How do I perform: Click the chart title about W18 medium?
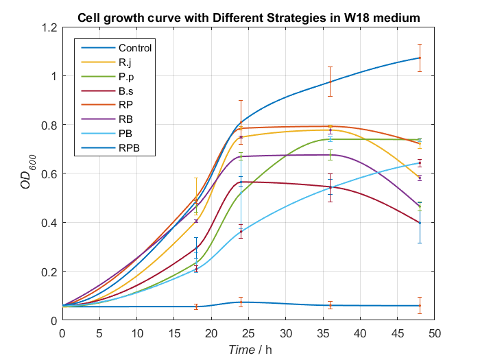click(x=248, y=17)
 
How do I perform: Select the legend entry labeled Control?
click(x=134, y=48)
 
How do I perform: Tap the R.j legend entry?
click(x=125, y=62)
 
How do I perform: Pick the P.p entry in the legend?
click(x=126, y=76)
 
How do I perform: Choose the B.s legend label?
click(x=126, y=91)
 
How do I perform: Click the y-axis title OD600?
click(x=27, y=173)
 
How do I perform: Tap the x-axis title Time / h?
click(x=250, y=350)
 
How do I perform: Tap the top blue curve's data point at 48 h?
click(x=419, y=58)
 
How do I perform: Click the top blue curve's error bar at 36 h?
click(x=330, y=82)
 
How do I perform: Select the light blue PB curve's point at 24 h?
click(x=241, y=231)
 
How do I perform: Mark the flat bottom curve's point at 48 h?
click(x=419, y=306)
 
